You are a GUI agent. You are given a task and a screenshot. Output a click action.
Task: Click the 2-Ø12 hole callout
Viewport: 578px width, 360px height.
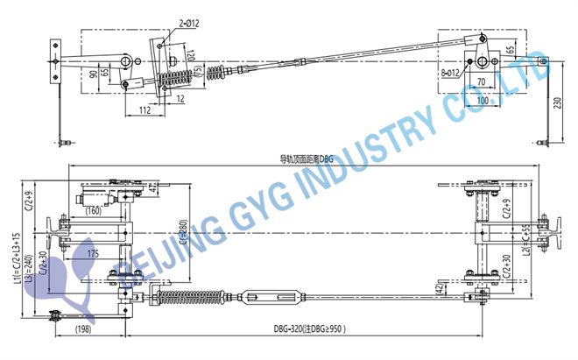(190, 24)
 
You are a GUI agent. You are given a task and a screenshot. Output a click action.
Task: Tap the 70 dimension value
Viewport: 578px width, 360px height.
(482, 81)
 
